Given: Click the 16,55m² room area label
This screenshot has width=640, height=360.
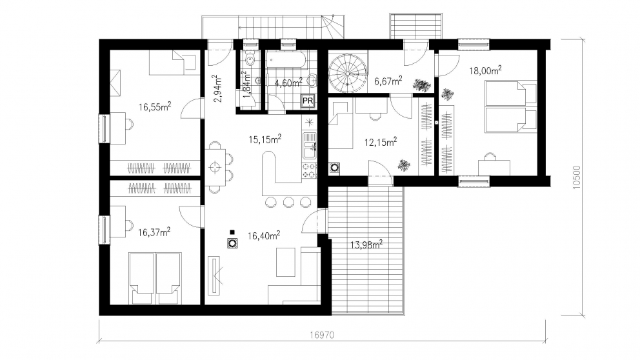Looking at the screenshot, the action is click(x=155, y=107).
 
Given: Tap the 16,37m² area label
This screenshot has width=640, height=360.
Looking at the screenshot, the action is click(x=154, y=232).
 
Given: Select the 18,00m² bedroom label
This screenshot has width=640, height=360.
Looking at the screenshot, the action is click(x=485, y=70).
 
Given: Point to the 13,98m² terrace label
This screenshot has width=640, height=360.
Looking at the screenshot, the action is click(x=366, y=245).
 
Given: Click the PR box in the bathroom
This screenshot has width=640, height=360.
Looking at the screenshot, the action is click(x=308, y=101).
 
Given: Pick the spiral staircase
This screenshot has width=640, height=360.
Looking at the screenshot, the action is click(x=347, y=74).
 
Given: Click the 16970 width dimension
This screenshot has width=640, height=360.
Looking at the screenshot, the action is click(x=322, y=335).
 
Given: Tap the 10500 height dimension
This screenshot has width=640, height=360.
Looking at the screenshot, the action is click(x=577, y=177).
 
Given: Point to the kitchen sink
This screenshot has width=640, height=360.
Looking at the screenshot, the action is click(x=309, y=145).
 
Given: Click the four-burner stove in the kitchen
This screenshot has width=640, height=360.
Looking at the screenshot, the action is click(x=309, y=170).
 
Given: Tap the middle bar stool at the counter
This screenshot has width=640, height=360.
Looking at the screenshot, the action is click(x=288, y=202).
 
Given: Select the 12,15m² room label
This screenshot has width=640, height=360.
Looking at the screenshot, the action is click(x=381, y=143).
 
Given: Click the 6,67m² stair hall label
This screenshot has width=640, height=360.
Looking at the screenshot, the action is click(x=388, y=81).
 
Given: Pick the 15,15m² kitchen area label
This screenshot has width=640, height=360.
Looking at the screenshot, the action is click(x=265, y=139).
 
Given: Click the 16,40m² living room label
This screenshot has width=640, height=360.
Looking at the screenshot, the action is click(x=264, y=235).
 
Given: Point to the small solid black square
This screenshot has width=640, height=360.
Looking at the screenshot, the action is click(x=232, y=232).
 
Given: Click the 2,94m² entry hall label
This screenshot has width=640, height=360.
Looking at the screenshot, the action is click(x=217, y=88).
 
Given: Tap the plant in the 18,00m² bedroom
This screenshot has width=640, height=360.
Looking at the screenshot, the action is click(x=448, y=94).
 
